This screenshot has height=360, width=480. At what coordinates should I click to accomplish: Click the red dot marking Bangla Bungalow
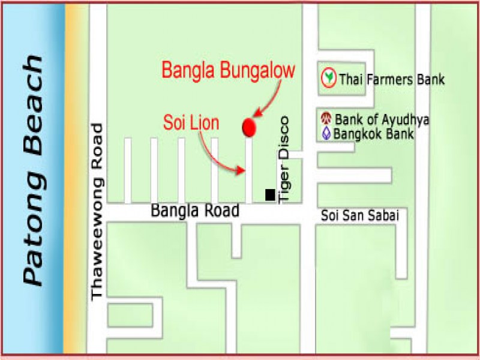[248, 127]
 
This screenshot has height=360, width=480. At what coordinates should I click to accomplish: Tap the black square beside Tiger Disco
[270, 194]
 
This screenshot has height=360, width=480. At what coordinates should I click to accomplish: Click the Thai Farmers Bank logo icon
[328, 77]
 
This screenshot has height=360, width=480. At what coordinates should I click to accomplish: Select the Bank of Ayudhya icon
[326, 119]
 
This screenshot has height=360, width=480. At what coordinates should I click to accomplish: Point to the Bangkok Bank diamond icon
[326, 133]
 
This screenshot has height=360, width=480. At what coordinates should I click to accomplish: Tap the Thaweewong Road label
[98, 212]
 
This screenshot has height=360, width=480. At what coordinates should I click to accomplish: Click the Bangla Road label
[195, 211]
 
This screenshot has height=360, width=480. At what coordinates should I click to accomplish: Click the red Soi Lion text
[191, 124]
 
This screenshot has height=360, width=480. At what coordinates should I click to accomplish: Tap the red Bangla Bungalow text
[229, 71]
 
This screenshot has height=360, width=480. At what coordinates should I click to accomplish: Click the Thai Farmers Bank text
[392, 79]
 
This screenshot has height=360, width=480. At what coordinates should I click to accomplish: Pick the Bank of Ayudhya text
[382, 119]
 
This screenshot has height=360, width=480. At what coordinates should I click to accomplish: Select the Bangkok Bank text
[374, 133]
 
